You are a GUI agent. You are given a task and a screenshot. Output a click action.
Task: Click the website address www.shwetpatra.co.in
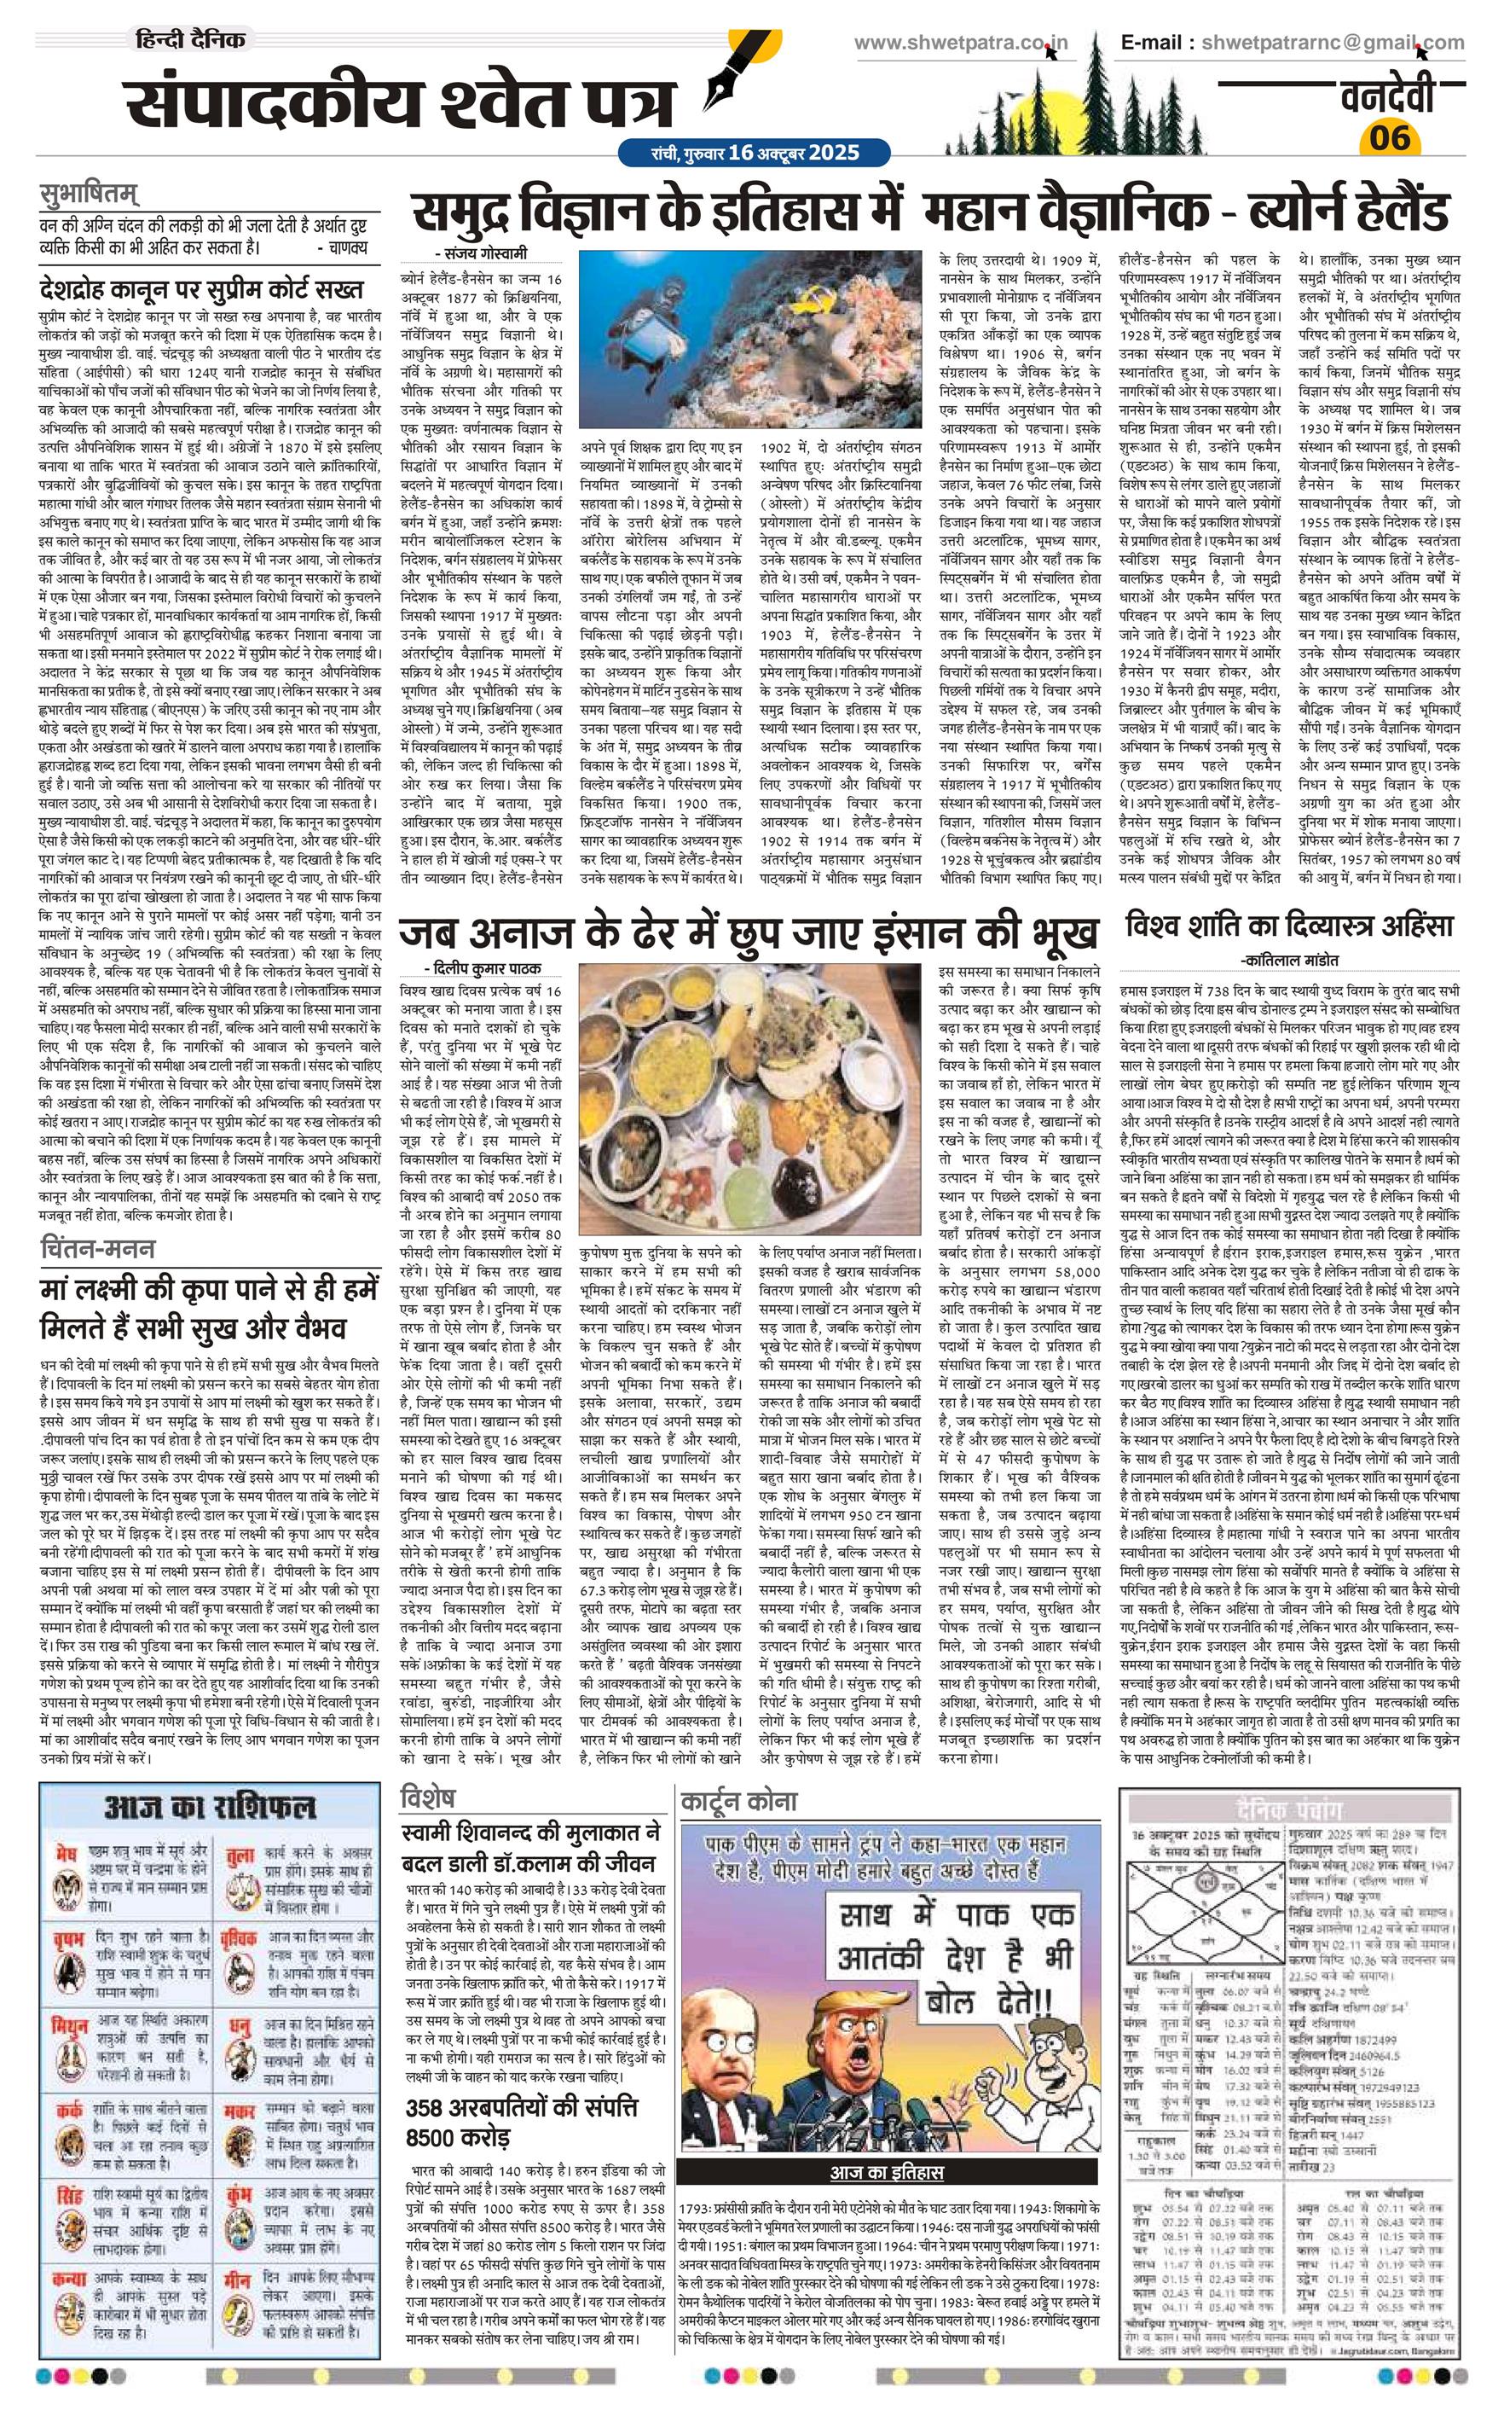[961, 43]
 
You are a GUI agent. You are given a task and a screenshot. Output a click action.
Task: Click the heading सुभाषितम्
[89, 192]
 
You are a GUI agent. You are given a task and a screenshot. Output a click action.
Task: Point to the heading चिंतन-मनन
[97, 1246]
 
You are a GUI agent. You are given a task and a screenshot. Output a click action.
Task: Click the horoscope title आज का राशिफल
[210, 1805]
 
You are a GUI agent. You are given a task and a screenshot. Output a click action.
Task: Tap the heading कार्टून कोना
[739, 1800]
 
